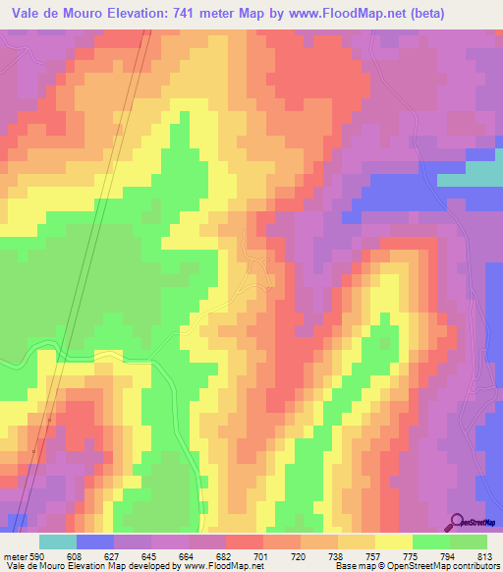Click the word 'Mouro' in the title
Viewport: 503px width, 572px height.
(81, 14)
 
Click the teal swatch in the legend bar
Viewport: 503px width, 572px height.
(58, 542)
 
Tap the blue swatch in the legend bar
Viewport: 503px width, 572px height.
(95, 542)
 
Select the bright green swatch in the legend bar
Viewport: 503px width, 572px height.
(430, 542)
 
